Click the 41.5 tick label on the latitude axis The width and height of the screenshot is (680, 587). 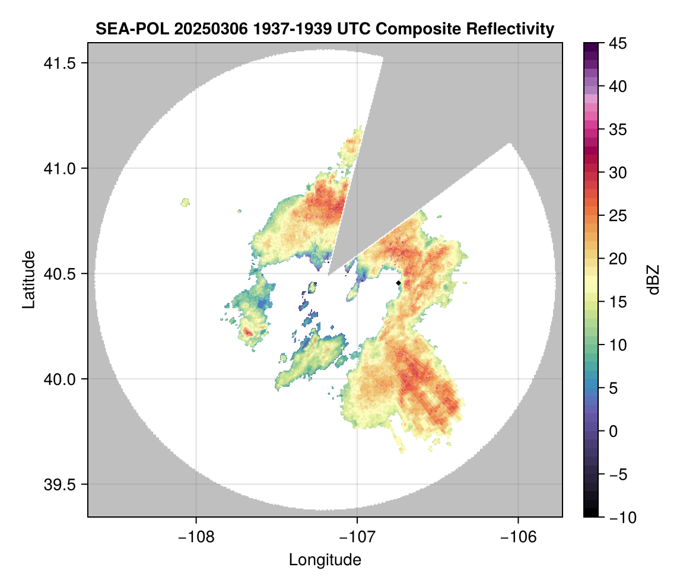[59, 63]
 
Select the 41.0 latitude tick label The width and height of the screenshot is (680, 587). [59, 168]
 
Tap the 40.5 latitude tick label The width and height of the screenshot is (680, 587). [59, 274]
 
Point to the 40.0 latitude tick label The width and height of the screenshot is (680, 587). [59, 379]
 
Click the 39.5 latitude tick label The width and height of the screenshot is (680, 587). [59, 484]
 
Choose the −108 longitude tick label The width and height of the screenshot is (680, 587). [196, 537]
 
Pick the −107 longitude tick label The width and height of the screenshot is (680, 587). [357, 537]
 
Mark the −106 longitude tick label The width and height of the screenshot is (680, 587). [518, 537]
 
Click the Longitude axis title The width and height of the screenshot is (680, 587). [325, 560]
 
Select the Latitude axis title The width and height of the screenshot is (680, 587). [28, 279]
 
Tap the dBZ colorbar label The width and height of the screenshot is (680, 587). [653, 280]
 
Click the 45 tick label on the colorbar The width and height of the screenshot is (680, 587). [618, 43]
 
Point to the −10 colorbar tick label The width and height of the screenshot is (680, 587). [623, 517]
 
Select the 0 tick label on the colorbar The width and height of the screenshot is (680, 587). [613, 431]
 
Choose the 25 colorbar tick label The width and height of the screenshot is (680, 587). [618, 216]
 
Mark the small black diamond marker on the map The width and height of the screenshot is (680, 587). [399, 283]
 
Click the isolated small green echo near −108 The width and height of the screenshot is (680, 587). [186, 202]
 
